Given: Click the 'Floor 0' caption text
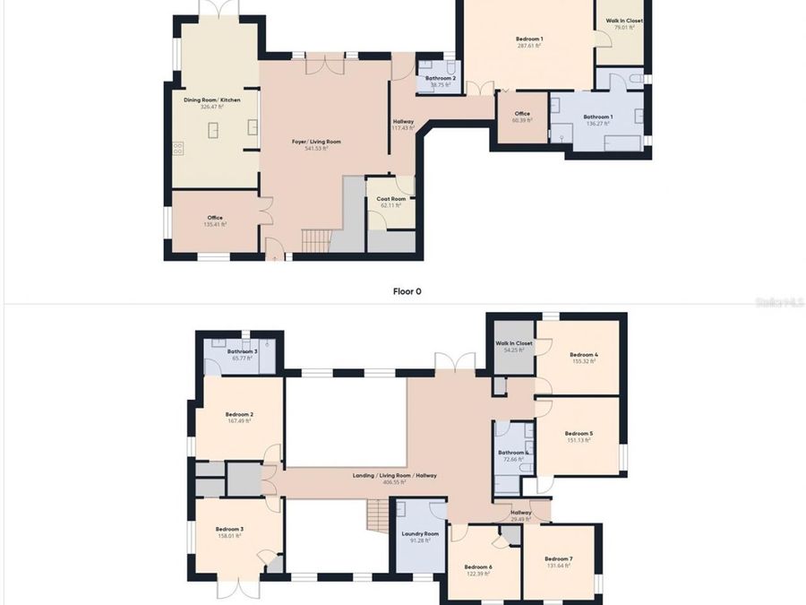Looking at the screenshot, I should (407, 291).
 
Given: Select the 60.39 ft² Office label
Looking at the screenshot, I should (522, 117).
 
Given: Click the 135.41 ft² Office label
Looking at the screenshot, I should (215, 220).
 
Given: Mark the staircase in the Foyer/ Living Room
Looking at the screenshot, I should (316, 240).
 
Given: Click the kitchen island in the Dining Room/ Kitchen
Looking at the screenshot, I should (213, 132).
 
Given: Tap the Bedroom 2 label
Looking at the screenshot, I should (239, 417).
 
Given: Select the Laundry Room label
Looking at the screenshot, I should (419, 536).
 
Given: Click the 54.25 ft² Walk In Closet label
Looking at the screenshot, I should (514, 346).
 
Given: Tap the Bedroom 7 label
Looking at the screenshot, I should (558, 561).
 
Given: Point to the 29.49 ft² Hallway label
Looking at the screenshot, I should (521, 515).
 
